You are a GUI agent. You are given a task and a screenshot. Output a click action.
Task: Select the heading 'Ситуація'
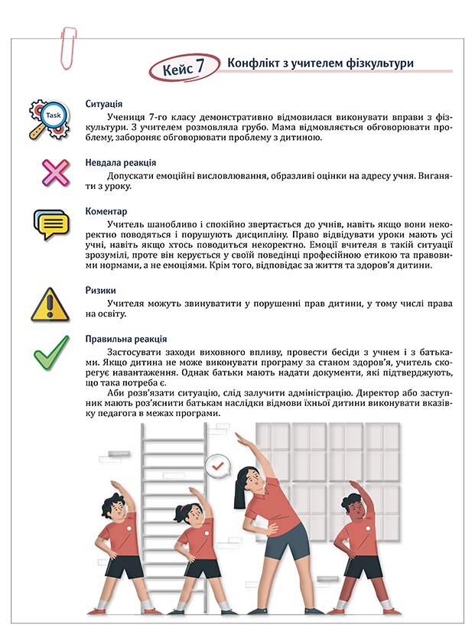point(105,105)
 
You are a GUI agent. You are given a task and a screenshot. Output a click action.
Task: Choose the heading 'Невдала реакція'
point(121,163)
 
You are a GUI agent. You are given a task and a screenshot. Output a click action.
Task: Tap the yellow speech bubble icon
point(52,223)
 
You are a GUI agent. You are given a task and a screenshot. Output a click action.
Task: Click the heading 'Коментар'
point(106,210)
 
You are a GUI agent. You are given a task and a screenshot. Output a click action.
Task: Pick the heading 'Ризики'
point(101,291)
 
